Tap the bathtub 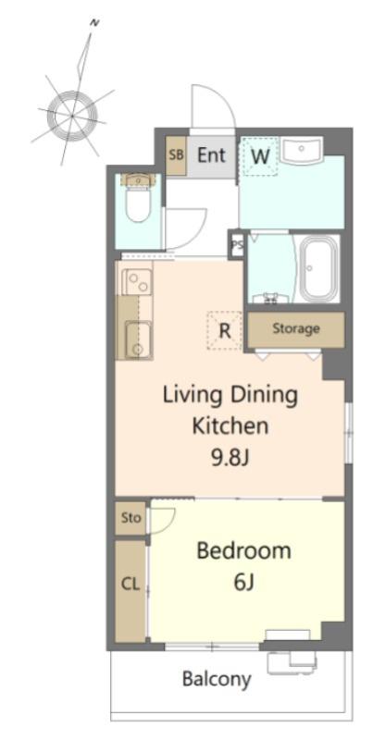coord(319,268)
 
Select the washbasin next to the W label coord(301,150)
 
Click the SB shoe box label coord(176,155)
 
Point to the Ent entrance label coord(212,154)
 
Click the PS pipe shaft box coord(236,244)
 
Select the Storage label coord(296,329)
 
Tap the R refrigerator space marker coord(225,331)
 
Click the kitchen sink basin coord(137,339)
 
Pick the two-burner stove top coord(137,282)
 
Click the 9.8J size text coord(230,457)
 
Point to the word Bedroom coord(243,550)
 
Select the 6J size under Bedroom coord(243,583)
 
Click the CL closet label coord(131,585)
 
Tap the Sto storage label coord(131,518)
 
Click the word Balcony coord(217,680)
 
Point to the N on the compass coord(94,22)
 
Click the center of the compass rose coord(72,115)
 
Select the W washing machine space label coord(260,156)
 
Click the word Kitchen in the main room coord(230,425)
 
